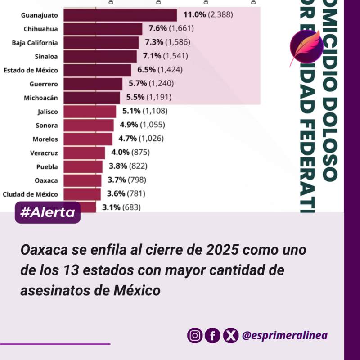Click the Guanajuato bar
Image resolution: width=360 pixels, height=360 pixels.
(x=120, y=15)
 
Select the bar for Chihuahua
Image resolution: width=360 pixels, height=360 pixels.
(x=103, y=29)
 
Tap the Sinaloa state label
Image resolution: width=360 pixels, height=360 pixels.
(x=46, y=56)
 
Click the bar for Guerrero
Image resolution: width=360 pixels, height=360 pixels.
(x=93, y=84)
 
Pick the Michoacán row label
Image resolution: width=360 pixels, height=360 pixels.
(x=41, y=98)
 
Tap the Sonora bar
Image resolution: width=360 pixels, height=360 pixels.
(x=89, y=125)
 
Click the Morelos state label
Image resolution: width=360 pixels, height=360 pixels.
(x=45, y=139)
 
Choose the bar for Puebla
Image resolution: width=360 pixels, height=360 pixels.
(x=83, y=166)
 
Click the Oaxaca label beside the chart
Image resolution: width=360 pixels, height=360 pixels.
(x=46, y=180)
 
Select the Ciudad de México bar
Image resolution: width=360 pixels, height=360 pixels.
(x=82, y=194)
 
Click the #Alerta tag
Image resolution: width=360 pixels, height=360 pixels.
(x=48, y=213)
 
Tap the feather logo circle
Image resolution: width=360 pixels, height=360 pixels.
(x=306, y=48)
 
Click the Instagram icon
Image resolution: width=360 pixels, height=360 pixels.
(x=194, y=335)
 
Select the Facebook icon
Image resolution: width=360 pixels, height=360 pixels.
(x=212, y=335)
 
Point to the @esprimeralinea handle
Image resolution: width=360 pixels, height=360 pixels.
(x=284, y=335)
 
